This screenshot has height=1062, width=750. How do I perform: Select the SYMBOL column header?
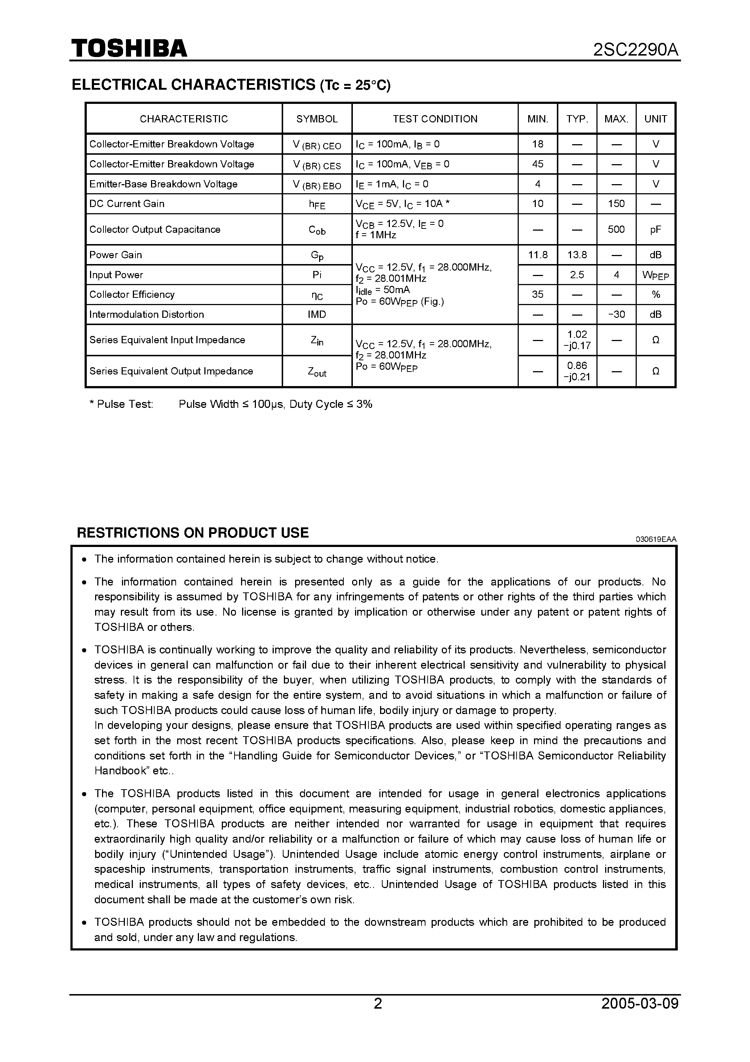pos(317,119)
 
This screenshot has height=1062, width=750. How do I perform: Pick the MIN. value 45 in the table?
pos(537,164)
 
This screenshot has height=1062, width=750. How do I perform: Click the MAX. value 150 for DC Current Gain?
pos(616,203)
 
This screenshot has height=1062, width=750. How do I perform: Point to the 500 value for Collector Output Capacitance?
pos(616,230)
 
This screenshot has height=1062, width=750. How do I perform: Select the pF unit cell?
pos(655,230)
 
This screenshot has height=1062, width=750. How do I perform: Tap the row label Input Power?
pos(116,275)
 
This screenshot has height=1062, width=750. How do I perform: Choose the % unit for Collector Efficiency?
pos(655,295)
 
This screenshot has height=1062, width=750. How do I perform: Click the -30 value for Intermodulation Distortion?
pos(616,315)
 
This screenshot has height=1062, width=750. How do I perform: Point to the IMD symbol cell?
pos(317,315)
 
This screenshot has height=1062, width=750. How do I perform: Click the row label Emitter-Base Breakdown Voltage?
pos(163,184)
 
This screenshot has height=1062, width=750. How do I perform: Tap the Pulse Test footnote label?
pos(121,404)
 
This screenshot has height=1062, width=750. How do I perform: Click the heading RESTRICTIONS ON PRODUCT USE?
pos(192,533)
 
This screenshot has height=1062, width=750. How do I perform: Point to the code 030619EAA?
pos(655,539)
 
